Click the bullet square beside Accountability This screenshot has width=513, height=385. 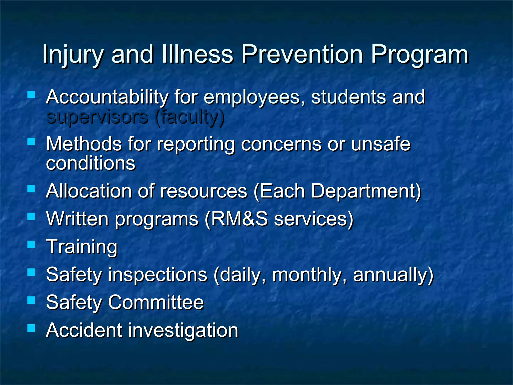[31, 95]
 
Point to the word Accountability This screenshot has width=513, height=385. [107, 97]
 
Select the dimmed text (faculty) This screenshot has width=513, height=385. [190, 117]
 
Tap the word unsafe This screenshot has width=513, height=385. [380, 144]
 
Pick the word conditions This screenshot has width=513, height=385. [91, 163]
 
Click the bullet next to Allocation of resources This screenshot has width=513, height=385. [31, 188]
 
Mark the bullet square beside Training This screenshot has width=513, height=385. [31, 244]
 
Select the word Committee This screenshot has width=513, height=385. [156, 302]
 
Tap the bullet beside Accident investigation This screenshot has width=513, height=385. [31, 328]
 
